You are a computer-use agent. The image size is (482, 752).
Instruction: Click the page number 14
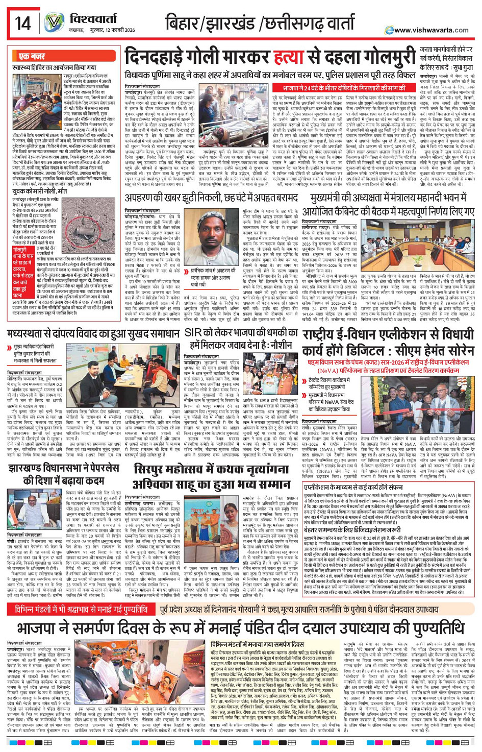pyautogui.click(x=22, y=23)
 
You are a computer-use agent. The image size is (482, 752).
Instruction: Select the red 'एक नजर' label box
pyautogui.click(x=32, y=57)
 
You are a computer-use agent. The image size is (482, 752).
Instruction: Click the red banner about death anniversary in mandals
pyautogui.click(x=82, y=609)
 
